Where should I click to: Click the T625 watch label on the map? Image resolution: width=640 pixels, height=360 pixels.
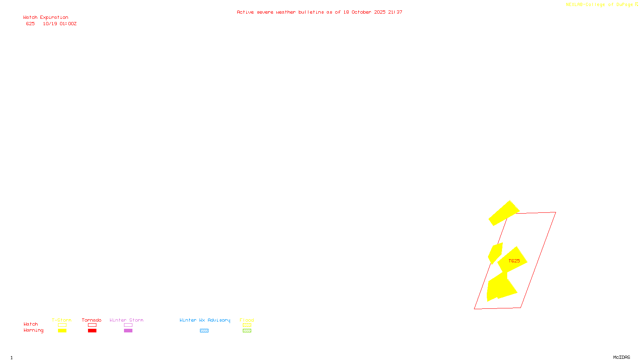pos(514,261)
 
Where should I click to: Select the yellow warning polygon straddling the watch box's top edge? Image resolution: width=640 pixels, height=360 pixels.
pos(504,213)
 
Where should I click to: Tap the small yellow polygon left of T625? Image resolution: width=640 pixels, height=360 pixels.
pos(495,253)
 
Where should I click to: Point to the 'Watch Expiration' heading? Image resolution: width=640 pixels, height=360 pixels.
pos(46,18)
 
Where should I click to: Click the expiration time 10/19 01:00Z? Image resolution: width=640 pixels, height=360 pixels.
pos(60,24)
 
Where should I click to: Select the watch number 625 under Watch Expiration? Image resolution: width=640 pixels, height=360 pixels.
pos(30,24)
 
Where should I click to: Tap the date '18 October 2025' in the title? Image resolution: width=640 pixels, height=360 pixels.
pos(364,12)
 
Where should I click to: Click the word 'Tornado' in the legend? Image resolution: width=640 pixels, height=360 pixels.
pos(92,320)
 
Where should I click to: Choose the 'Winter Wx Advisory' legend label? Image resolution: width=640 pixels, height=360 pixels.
pos(205,320)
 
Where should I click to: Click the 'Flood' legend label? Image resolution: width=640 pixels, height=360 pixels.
pos(247,320)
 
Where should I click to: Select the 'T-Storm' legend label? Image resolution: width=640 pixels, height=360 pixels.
pos(62,320)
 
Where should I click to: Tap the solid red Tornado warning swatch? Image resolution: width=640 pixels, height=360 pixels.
pos(92,331)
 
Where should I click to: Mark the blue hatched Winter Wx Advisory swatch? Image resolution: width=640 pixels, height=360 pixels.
pos(204,331)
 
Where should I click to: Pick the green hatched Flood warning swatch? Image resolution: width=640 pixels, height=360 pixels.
pos(247,331)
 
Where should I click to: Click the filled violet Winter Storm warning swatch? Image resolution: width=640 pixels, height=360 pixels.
pos(128,331)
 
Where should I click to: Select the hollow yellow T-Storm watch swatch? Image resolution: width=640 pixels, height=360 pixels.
pos(62,325)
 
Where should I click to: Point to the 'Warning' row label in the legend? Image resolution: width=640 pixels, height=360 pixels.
pos(33,330)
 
